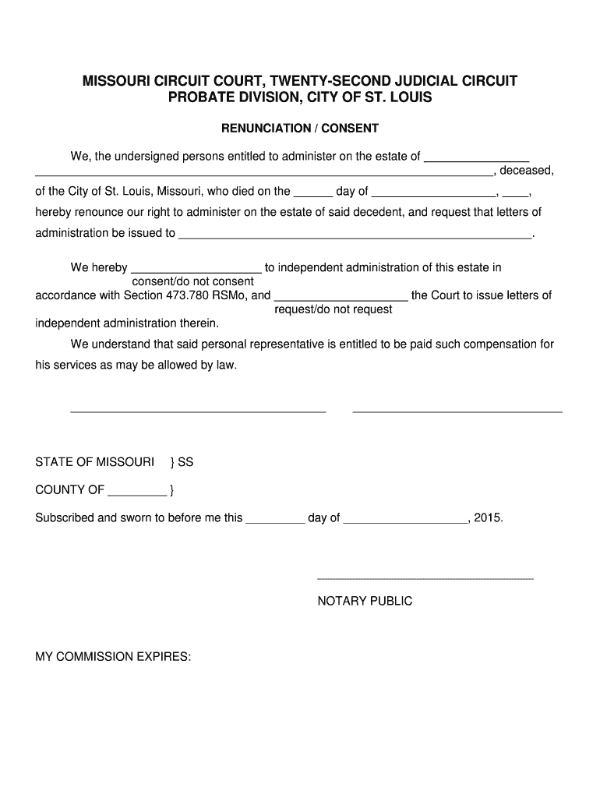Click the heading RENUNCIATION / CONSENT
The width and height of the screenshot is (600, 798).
300,128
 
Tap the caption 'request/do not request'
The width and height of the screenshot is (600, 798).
334,309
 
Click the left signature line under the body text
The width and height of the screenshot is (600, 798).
198,411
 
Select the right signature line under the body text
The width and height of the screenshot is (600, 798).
457,411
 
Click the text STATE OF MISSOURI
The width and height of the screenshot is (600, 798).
94,462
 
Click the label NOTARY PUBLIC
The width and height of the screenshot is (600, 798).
365,601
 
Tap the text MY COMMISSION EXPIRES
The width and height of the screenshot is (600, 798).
113,657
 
